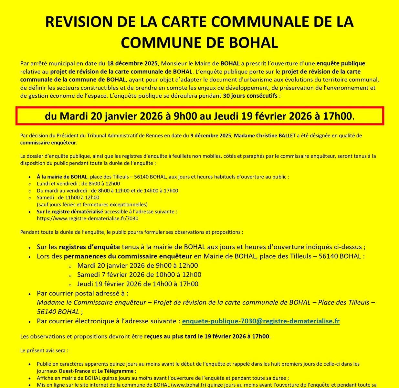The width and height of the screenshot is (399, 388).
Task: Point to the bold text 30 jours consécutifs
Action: (250, 96)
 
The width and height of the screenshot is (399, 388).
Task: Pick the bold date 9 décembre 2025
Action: (211, 136)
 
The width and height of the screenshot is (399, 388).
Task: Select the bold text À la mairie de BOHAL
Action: (62, 177)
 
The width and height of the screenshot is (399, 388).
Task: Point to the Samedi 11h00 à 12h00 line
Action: (68, 198)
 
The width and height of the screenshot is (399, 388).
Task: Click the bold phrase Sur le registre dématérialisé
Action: (70, 212)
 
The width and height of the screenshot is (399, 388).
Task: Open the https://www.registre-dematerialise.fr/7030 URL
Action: (88, 219)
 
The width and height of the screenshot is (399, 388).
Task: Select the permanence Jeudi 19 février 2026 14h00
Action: (138, 284)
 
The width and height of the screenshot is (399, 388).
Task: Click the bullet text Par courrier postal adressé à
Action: (82, 294)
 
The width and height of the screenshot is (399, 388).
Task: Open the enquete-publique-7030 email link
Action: (261, 321)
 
